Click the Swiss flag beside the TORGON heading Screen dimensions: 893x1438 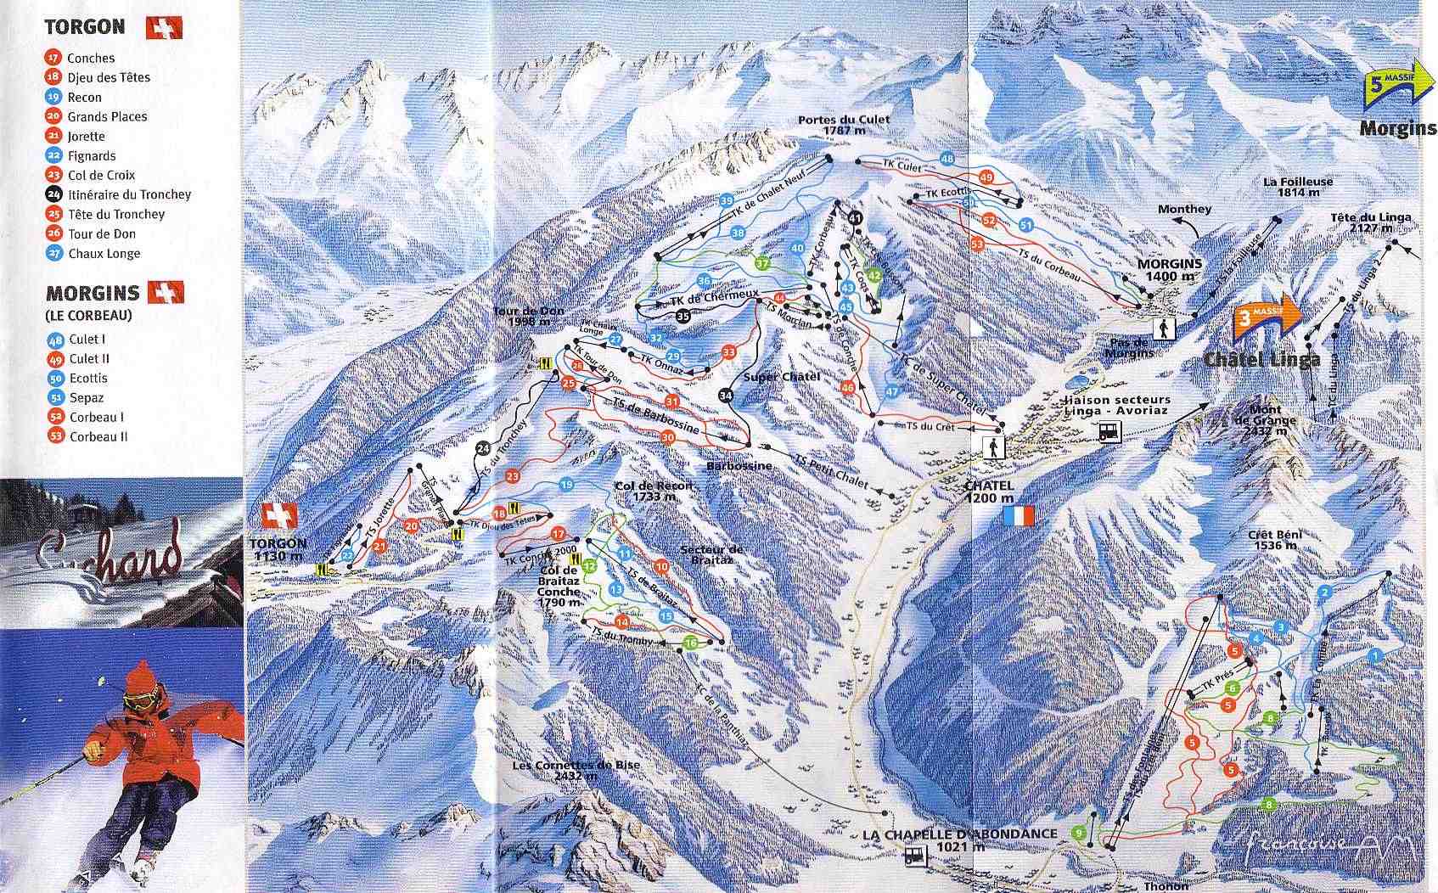[x=164, y=28]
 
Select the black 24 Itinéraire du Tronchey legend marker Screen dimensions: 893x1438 [x=54, y=194]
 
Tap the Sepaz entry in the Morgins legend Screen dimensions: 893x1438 [x=87, y=397]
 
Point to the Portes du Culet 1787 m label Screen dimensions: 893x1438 [x=844, y=126]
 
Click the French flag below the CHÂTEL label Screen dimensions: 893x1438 [x=1019, y=515]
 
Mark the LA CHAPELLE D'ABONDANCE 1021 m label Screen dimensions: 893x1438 [x=959, y=840]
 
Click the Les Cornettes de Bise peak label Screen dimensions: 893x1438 [x=576, y=770]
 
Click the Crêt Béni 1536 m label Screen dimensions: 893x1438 [x=1274, y=540]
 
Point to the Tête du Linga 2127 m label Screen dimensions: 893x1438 [x=1371, y=222]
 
